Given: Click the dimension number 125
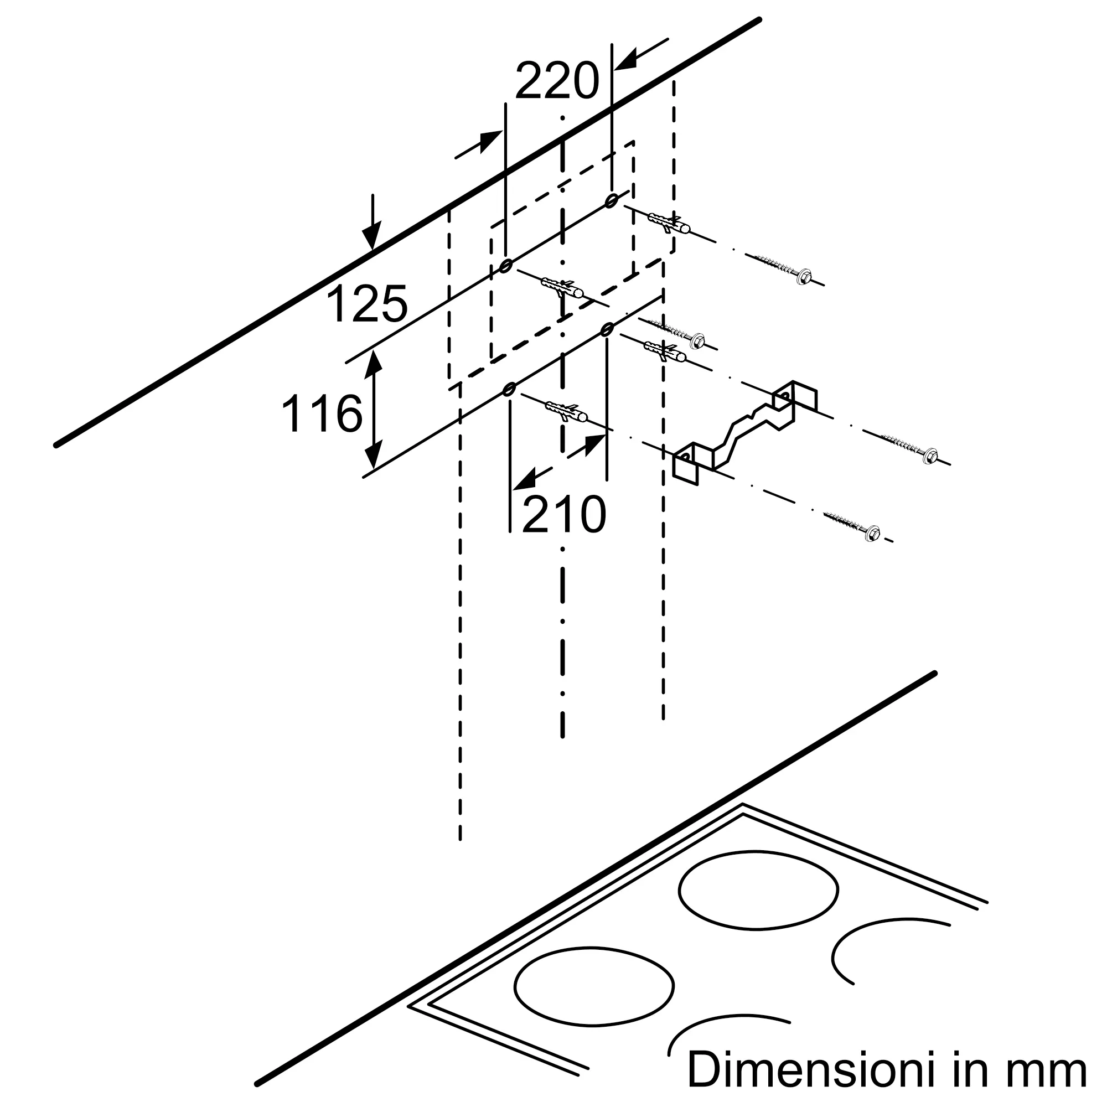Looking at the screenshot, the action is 367,305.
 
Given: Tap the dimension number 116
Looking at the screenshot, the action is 322,413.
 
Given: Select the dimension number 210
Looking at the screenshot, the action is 564,515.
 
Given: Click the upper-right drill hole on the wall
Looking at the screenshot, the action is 612,200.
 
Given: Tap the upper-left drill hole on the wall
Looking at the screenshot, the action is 505,266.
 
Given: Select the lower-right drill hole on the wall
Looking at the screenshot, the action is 607,329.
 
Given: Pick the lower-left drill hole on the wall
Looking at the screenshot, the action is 508,390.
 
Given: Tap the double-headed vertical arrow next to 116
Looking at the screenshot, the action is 374,409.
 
